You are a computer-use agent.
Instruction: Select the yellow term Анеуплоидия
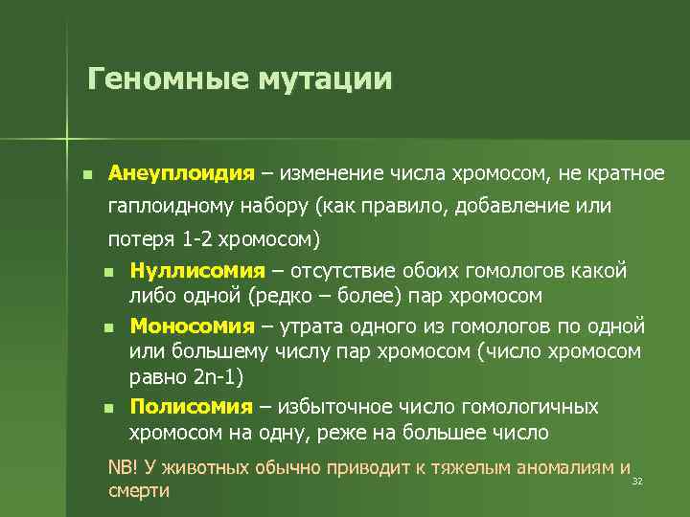click(x=181, y=174)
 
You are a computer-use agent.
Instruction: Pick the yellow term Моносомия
click(x=192, y=325)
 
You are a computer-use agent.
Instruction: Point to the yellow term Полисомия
click(x=191, y=407)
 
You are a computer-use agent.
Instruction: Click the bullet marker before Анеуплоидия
click(x=87, y=175)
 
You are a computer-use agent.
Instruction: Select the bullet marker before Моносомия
click(x=109, y=326)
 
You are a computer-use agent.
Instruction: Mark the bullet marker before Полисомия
click(x=109, y=408)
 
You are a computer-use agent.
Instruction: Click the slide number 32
click(x=636, y=481)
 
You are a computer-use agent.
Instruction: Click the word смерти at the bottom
click(x=139, y=491)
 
